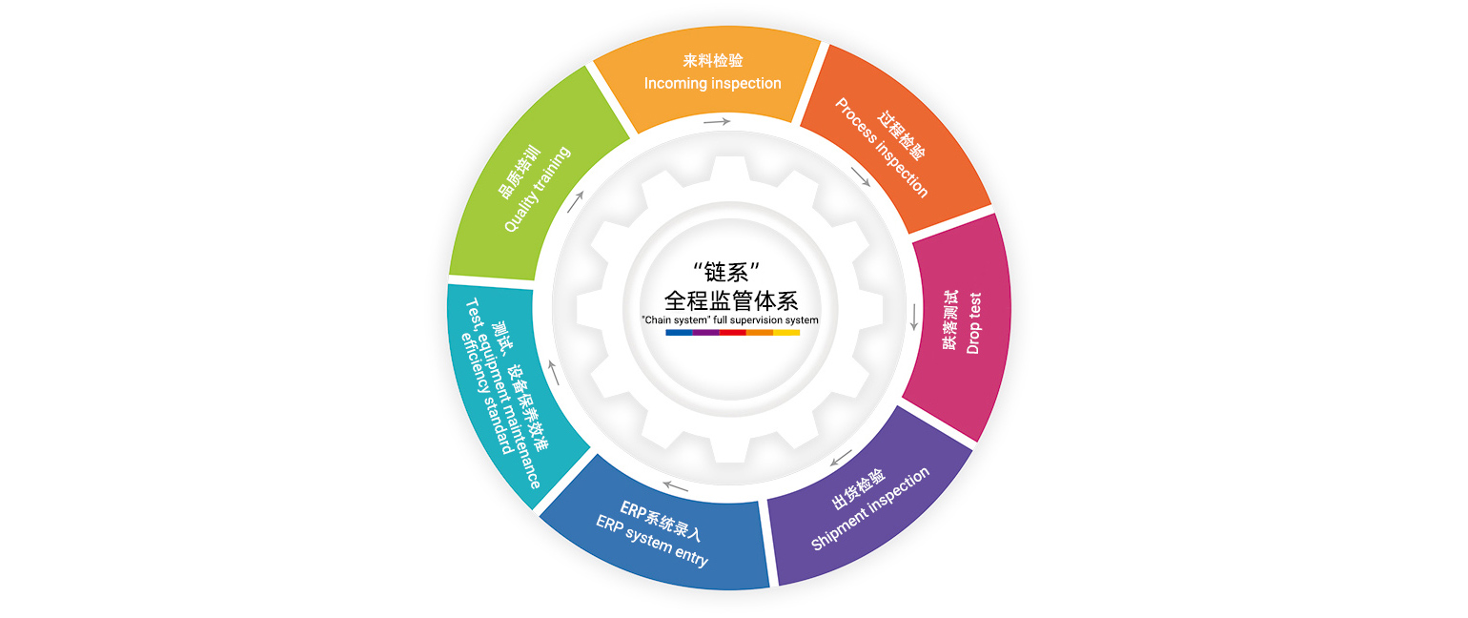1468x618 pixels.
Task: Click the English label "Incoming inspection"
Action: click(x=712, y=84)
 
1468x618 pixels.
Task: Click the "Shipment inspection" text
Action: click(x=870, y=509)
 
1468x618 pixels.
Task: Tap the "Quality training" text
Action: click(x=537, y=189)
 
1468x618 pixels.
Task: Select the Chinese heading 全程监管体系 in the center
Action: click(x=731, y=300)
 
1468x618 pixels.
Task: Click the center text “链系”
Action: click(x=731, y=271)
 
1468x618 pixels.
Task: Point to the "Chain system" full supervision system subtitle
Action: click(x=730, y=320)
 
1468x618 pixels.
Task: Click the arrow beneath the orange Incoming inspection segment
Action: click(x=717, y=122)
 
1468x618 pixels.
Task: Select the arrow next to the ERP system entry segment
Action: click(x=676, y=487)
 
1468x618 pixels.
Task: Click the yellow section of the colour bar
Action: click(x=786, y=333)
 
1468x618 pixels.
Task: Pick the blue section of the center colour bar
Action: click(x=679, y=333)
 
